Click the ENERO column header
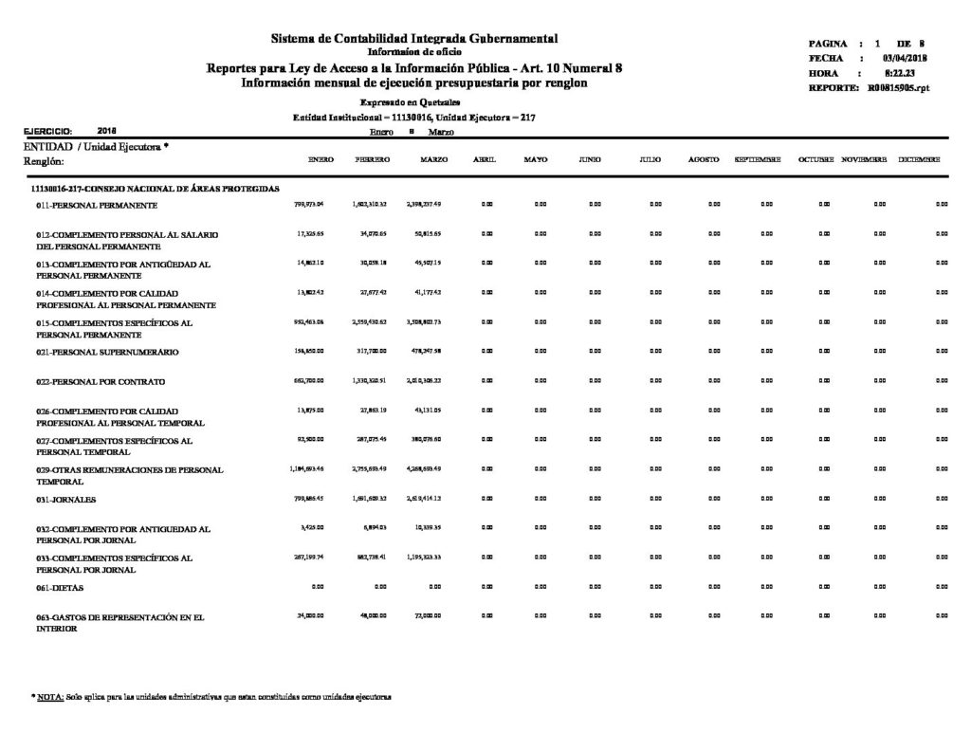pos(321,160)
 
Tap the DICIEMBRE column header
pos(919,160)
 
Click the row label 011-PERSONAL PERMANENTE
pos(98,205)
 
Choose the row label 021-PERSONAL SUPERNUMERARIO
pos(105,352)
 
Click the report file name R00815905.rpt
pos(896,87)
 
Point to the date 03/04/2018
pos(905,59)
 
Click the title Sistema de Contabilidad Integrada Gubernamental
pos(414,38)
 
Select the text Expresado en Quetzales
pos(411,101)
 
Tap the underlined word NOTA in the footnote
pos(50,697)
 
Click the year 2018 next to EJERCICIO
pos(107,130)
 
